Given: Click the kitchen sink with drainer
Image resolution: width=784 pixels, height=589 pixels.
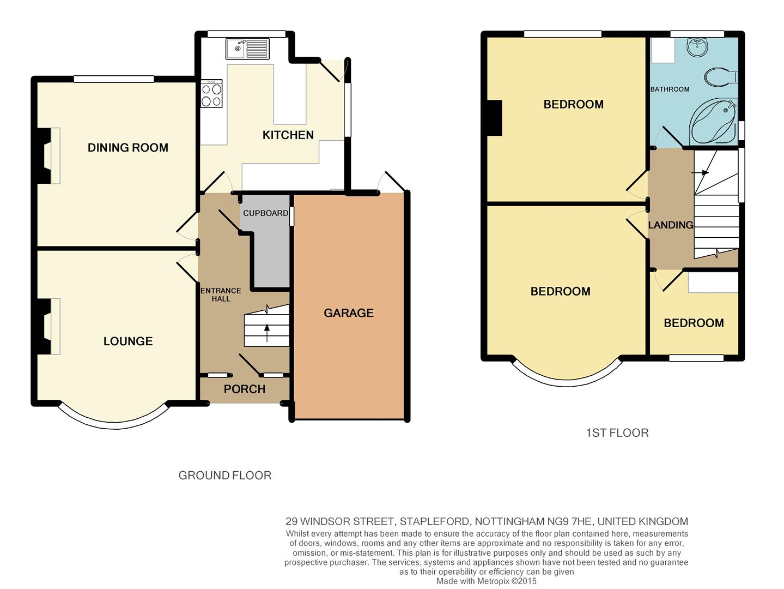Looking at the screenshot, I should pyautogui.click(x=247, y=49).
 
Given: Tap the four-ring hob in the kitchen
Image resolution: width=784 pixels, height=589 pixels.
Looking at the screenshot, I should pyautogui.click(x=211, y=94).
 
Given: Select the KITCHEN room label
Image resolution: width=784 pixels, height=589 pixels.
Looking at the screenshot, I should pyautogui.click(x=288, y=135).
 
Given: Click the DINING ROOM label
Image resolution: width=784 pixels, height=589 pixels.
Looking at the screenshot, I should pyautogui.click(x=127, y=147).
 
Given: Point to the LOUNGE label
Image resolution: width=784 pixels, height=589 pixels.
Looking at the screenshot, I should pyautogui.click(x=128, y=341).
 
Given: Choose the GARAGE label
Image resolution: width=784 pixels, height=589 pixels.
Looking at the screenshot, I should pyautogui.click(x=349, y=313).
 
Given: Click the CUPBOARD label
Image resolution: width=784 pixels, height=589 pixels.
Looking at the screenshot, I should pyautogui.click(x=265, y=213).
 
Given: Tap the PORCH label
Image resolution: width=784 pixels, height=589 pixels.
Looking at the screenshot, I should pyautogui.click(x=245, y=389).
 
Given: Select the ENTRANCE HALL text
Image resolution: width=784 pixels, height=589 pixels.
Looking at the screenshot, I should pyautogui.click(x=221, y=294).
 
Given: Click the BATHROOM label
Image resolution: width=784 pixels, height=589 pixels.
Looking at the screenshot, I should pyautogui.click(x=670, y=89).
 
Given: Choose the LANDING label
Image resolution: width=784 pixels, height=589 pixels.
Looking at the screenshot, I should pyautogui.click(x=670, y=225).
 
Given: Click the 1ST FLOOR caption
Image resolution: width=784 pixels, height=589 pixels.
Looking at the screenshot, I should pyautogui.click(x=617, y=433).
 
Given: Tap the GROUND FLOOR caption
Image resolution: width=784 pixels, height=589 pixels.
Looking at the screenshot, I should pyautogui.click(x=224, y=476).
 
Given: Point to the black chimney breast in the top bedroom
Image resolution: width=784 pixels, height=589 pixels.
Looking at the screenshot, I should pyautogui.click(x=494, y=117).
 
